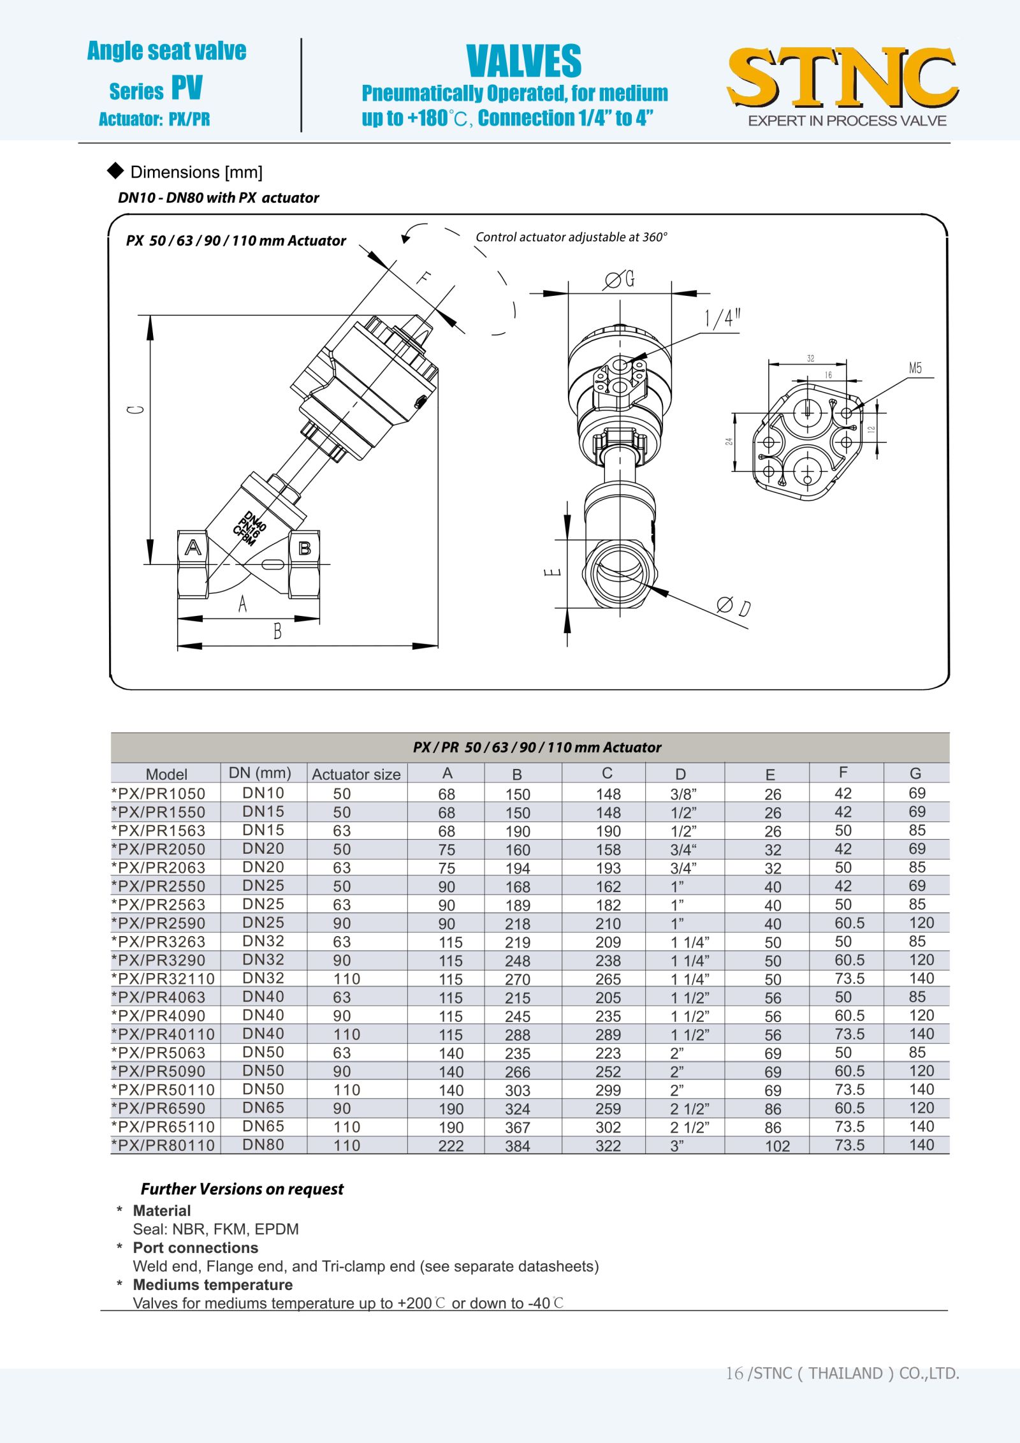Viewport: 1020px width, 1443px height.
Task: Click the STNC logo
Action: click(x=843, y=78)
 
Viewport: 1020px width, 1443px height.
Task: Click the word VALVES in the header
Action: click(x=523, y=61)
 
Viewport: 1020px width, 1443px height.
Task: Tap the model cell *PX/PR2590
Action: click(x=159, y=923)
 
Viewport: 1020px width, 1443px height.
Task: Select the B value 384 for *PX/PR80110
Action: click(x=517, y=1146)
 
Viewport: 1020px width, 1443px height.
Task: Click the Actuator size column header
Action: click(x=356, y=774)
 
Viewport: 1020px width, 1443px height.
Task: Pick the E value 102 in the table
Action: click(x=777, y=1146)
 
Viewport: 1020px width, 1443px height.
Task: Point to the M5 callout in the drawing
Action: click(x=915, y=368)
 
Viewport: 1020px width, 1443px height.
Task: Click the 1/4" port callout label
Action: click(x=722, y=318)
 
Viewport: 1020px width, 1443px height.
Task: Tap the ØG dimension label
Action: click(x=619, y=279)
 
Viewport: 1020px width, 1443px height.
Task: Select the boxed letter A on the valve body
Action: click(x=193, y=547)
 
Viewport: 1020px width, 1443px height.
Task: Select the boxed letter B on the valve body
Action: click(x=305, y=548)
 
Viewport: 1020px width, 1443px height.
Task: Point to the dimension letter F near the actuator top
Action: click(x=423, y=278)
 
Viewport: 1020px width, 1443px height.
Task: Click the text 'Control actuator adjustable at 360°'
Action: click(x=571, y=237)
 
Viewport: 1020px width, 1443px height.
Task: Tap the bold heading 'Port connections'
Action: click(x=195, y=1248)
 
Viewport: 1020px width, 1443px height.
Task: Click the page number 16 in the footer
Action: click(x=734, y=1373)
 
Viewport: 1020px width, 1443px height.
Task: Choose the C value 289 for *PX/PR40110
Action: click(x=608, y=1034)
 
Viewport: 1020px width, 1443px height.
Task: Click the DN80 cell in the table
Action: click(x=263, y=1145)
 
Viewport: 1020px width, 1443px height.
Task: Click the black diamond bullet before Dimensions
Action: click(x=115, y=170)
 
